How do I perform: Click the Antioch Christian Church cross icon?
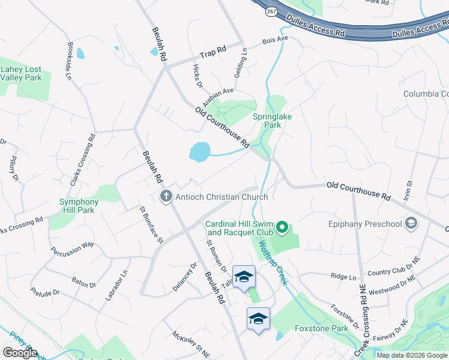(x=166, y=196)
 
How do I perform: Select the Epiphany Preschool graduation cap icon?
(x=411, y=224)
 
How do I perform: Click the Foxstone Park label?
(x=322, y=328)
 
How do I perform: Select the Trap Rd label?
(x=212, y=51)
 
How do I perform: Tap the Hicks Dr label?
(x=197, y=76)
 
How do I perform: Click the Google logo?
(x=20, y=353)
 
